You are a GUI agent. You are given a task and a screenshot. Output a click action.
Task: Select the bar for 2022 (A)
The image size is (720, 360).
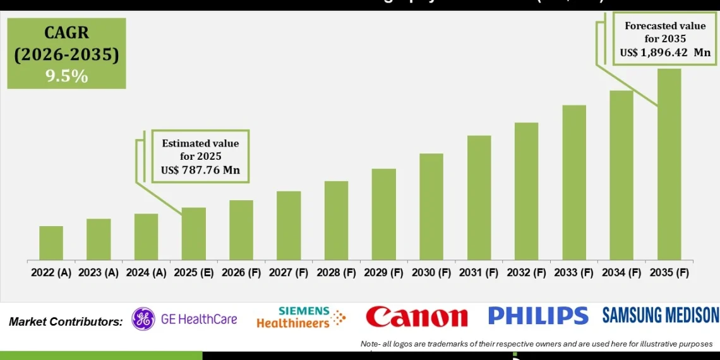[51, 243]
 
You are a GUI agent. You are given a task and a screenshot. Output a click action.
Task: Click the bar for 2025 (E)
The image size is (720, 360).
[194, 234]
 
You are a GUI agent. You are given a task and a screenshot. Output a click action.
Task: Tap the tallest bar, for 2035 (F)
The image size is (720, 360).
[669, 164]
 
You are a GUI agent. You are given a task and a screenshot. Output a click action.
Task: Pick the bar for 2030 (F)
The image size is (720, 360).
[431, 207]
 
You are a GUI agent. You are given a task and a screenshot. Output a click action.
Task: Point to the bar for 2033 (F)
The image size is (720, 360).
[574, 183]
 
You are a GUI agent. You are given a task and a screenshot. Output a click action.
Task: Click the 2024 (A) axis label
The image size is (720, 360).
[147, 273]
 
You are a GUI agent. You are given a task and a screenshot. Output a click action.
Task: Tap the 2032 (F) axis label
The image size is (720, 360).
[527, 273]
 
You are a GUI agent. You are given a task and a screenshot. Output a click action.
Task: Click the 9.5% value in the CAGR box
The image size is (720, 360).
[66, 76]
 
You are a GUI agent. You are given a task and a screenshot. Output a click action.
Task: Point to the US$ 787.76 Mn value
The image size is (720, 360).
[200, 170]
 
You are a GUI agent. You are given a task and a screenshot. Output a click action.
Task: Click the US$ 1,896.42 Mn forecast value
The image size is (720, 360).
[666, 52]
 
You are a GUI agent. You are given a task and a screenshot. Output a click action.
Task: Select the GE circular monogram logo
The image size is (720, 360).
[143, 319]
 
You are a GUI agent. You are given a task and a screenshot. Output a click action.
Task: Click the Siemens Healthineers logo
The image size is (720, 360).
[301, 318]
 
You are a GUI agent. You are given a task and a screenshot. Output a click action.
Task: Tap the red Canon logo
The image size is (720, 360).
[417, 317]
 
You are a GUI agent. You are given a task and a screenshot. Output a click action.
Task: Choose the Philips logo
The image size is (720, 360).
[538, 316]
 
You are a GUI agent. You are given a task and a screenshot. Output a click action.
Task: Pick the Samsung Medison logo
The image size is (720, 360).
[660, 315]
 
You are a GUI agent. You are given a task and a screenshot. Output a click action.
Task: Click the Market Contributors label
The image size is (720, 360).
[66, 321]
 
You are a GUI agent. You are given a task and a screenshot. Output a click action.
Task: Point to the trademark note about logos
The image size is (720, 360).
[536, 344]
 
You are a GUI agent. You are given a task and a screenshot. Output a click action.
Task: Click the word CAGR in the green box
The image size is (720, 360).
[66, 33]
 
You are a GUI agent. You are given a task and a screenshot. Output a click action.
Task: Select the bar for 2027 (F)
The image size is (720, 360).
[289, 225]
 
